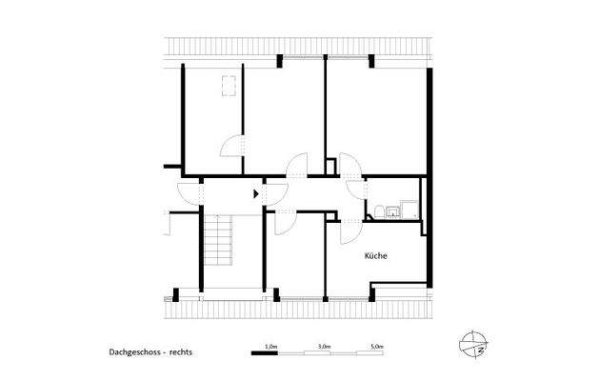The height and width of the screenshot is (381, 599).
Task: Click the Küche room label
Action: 375,256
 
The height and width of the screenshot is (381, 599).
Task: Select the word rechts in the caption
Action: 180,351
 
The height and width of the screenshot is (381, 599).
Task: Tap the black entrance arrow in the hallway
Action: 255,193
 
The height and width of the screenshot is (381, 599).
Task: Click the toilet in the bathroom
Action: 378,212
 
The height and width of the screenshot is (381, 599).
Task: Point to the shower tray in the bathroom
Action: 409,209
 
